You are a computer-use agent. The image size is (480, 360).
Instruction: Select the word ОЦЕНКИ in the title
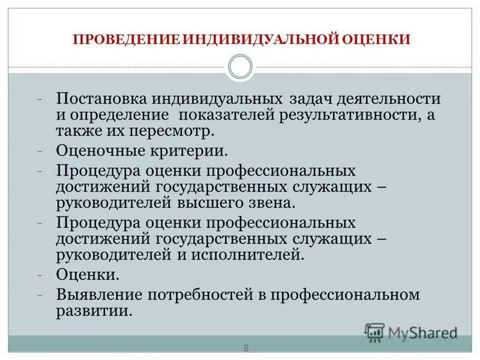tap(376, 40)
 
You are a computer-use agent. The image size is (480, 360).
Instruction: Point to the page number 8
tap(245, 348)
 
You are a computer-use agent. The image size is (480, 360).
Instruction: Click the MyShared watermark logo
tap(411, 332)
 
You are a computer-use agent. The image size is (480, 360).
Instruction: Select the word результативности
tap(341, 115)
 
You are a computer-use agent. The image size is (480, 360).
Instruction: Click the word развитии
tap(94, 311)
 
